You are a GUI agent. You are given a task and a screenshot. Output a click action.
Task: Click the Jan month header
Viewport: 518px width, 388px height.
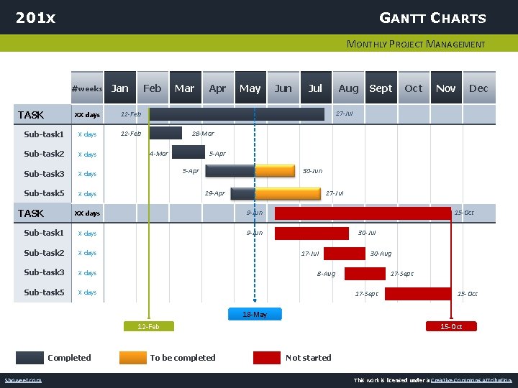pyautogui.click(x=120, y=88)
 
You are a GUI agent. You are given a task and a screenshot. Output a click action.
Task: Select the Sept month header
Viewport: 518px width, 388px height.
pyautogui.click(x=381, y=88)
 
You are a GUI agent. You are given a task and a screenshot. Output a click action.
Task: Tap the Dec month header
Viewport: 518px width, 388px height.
pyautogui.click(x=478, y=88)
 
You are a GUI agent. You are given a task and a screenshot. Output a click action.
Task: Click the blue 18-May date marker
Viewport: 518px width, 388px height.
pyautogui.click(x=255, y=314)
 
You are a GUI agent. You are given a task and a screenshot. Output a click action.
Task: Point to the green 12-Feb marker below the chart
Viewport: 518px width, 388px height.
pyautogui.click(x=148, y=326)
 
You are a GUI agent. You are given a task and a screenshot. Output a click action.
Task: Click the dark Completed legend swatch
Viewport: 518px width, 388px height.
pyautogui.click(x=30, y=357)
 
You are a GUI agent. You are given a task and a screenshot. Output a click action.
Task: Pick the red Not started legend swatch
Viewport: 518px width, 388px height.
pyautogui.click(x=266, y=357)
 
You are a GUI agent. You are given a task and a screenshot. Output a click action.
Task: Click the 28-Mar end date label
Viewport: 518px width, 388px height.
pyautogui.click(x=203, y=134)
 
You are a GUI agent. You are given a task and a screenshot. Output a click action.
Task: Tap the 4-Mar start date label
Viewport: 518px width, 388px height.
pyautogui.click(x=158, y=153)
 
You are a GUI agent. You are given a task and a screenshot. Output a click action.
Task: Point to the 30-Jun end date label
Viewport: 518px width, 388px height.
pyautogui.click(x=312, y=171)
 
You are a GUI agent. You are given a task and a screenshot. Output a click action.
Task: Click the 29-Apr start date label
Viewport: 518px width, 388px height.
pyautogui.click(x=214, y=193)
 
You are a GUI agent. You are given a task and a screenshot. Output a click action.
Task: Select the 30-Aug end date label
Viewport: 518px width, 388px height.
pyautogui.click(x=381, y=253)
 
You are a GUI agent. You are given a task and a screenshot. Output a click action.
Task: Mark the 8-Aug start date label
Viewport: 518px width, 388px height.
pyautogui.click(x=326, y=273)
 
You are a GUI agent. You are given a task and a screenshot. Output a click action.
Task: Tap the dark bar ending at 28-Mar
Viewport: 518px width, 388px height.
pyautogui.click(x=165, y=133)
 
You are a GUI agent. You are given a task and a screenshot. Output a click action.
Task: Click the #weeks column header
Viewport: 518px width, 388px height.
pyautogui.click(x=87, y=88)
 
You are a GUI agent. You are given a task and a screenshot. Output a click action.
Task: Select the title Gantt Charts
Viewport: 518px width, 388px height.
pyautogui.click(x=432, y=18)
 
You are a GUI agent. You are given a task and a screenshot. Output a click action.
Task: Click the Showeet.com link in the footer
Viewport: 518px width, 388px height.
pyautogui.click(x=23, y=380)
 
